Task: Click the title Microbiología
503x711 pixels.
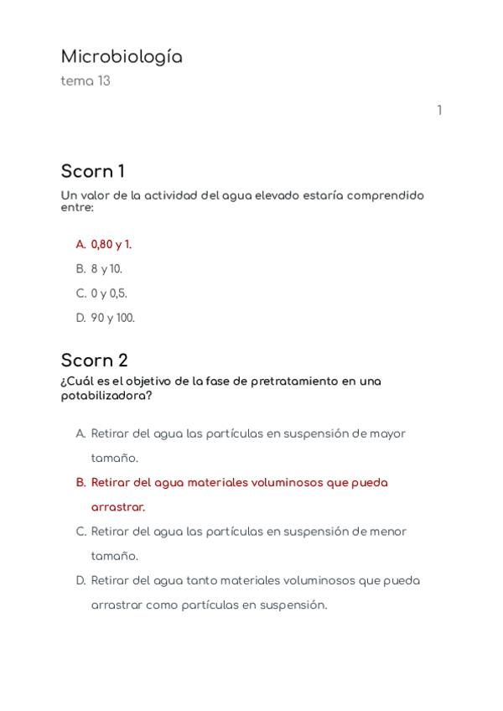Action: click(122, 57)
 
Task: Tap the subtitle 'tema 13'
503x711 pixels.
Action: click(86, 81)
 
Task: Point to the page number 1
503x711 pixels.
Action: click(439, 111)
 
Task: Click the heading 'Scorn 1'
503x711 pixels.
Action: click(92, 172)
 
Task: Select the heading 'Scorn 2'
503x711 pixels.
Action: click(94, 361)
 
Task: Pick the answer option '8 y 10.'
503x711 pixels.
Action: click(106, 269)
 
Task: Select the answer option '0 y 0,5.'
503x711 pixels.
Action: click(109, 293)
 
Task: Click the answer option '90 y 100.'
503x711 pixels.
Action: click(112, 318)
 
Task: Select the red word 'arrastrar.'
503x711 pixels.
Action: click(118, 507)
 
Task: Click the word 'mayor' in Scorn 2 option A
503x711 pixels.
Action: click(388, 434)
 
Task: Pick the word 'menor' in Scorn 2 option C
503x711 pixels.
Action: click(388, 532)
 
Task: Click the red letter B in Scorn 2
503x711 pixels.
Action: click(81, 483)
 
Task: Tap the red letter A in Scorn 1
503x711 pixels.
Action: click(81, 245)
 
